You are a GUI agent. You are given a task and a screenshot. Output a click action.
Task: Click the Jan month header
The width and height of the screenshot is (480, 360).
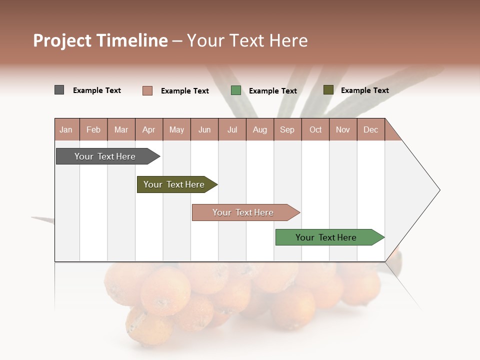pyautogui.click(x=66, y=129)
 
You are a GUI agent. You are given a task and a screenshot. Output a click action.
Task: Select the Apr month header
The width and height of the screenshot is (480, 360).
pyautogui.click(x=149, y=129)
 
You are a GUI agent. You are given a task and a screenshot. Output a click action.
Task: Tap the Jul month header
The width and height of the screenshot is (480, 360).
pyautogui.click(x=232, y=129)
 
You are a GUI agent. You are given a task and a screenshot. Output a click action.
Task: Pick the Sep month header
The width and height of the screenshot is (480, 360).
pyautogui.click(x=287, y=129)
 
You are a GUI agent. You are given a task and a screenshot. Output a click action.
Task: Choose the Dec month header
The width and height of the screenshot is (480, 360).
pyautogui.click(x=370, y=129)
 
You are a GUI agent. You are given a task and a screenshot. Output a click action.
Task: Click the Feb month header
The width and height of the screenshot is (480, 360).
pyautogui.click(x=93, y=129)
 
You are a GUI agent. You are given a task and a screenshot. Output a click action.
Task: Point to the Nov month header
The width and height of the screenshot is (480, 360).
pyautogui.click(x=343, y=129)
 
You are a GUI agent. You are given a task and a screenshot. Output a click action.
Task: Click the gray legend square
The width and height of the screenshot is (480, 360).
pyautogui.click(x=59, y=90)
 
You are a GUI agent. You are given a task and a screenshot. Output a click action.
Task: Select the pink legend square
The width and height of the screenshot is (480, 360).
pyautogui.click(x=147, y=90)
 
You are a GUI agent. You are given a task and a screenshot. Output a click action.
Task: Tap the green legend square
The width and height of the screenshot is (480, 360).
pyautogui.click(x=236, y=90)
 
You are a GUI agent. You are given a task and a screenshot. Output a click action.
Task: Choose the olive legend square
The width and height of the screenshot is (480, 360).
pyautogui.click(x=328, y=90)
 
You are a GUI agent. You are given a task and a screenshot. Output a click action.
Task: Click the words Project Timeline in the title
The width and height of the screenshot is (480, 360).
pyautogui.click(x=100, y=40)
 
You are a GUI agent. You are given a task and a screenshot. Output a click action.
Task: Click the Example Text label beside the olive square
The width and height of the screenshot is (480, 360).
pyautogui.click(x=364, y=90)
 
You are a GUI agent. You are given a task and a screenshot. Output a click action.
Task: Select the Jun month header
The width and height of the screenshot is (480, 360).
pyautogui.click(x=204, y=129)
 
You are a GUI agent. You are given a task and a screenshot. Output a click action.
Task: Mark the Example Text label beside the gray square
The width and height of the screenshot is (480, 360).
pyautogui.click(x=97, y=90)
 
